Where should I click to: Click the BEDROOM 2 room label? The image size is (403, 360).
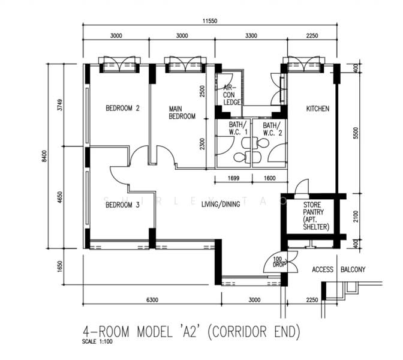point(122,108)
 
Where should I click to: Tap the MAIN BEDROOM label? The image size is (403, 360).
point(182,113)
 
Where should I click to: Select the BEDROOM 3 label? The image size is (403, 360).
point(122,205)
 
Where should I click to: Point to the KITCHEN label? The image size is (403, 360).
point(318,109)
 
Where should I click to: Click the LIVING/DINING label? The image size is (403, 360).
point(221,204)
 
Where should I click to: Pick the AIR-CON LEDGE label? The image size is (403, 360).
point(232,95)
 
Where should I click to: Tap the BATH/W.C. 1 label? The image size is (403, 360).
point(238,128)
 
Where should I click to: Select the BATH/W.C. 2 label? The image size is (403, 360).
point(272,129)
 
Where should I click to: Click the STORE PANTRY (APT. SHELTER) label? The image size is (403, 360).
point(316,216)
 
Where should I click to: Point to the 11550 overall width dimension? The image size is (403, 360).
point(210,21)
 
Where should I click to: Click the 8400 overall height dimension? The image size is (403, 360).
point(45,156)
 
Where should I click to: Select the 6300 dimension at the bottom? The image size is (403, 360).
point(152,300)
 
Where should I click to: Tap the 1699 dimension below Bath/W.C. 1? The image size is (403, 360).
point(233,178)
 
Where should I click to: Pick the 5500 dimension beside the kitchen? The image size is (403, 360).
point(356,133)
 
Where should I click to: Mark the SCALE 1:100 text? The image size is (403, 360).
point(97,342)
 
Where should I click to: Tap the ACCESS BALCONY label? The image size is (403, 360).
point(338,269)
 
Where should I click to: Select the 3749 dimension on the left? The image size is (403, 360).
point(60,104)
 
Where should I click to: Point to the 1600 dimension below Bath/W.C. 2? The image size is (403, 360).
point(270,178)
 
